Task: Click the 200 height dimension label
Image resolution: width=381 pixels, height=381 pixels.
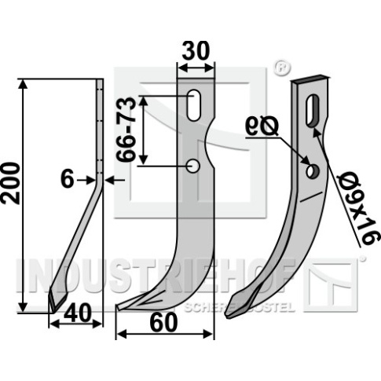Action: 11,183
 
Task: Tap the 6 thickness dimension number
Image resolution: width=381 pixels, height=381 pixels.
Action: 68,180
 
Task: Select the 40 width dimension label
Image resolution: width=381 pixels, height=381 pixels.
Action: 78,313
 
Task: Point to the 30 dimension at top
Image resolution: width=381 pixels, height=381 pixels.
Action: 196,50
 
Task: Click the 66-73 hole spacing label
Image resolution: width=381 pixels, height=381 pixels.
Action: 126,130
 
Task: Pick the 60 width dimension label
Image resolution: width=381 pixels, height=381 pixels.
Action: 165,323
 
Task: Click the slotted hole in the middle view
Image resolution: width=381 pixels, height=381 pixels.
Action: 194,105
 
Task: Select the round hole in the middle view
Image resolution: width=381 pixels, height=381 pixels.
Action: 193,166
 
